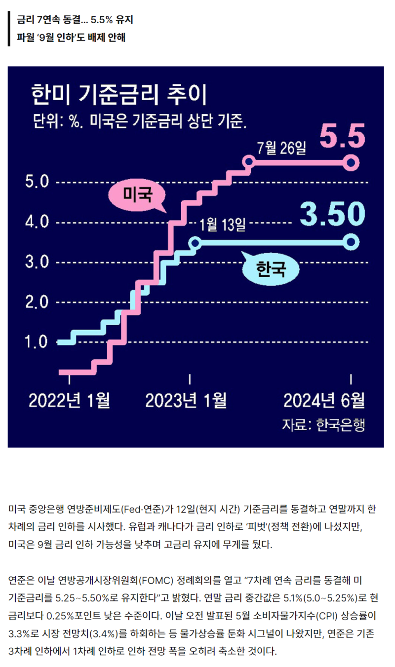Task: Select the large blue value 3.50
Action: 333,213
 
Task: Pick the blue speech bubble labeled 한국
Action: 271,269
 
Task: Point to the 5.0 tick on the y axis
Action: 37,183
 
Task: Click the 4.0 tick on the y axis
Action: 37,222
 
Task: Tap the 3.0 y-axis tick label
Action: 37,262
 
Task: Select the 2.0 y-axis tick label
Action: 37,302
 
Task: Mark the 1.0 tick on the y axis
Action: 37,341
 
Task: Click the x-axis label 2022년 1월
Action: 69,401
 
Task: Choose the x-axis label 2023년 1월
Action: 186,401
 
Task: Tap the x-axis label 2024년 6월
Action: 324,401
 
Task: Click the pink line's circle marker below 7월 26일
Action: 249,162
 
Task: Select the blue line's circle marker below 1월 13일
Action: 195,242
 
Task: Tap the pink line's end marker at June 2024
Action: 351,162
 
